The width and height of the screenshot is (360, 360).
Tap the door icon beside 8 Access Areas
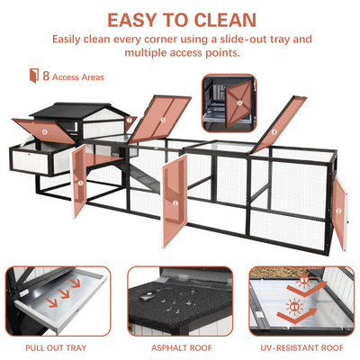[34, 76]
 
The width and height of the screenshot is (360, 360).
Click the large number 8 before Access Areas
[46, 76]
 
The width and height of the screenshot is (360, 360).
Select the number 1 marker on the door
[80, 183]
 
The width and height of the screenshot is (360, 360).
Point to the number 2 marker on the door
[175, 202]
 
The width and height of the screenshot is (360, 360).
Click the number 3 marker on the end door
[338, 211]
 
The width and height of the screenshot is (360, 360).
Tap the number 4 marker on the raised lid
[274, 131]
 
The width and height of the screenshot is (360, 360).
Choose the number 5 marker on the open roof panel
[163, 120]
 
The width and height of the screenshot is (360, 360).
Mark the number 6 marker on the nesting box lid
[45, 131]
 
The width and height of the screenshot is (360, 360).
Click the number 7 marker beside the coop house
[129, 121]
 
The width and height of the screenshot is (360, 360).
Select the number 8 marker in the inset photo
[239, 103]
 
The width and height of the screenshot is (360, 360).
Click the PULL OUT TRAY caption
[56, 348]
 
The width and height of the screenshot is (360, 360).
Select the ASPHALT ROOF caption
[182, 348]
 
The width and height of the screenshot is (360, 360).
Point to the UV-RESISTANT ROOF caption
[301, 348]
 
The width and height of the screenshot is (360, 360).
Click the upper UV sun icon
[303, 281]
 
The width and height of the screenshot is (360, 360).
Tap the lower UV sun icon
[294, 307]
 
